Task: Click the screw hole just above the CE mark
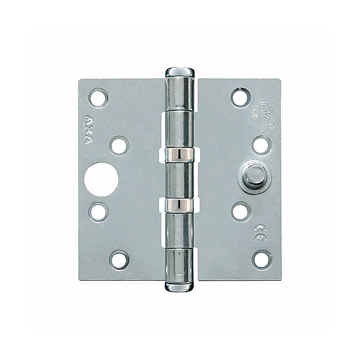pyautogui.click(x=240, y=211)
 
